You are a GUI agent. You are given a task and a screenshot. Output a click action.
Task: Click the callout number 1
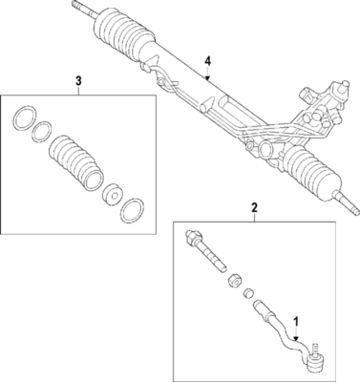pyautogui.click(x=296, y=323)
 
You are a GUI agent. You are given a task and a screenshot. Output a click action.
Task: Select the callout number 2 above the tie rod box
pyautogui.click(x=253, y=207)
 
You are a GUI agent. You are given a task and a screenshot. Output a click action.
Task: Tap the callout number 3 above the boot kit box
pyautogui.click(x=77, y=81)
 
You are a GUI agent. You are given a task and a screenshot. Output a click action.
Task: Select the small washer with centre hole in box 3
pyautogui.click(x=112, y=194)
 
